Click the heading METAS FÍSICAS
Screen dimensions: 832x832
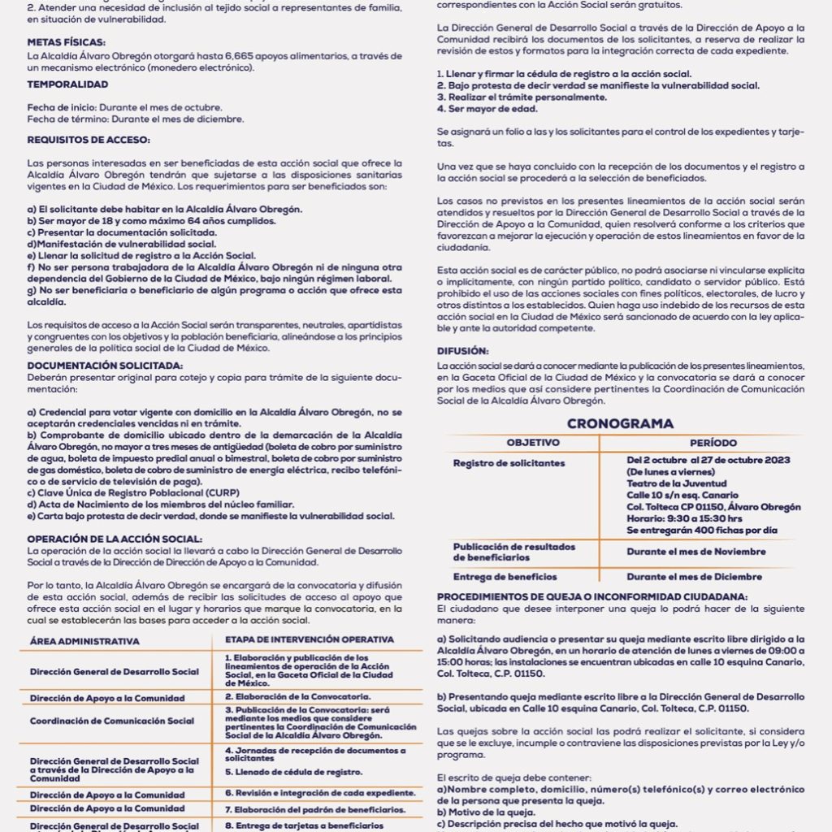pyautogui.click(x=66, y=41)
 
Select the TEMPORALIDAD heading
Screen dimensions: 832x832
pyautogui.click(x=67, y=84)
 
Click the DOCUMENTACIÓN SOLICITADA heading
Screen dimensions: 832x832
pyautogui.click(x=105, y=366)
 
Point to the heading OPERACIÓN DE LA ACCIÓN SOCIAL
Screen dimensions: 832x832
pyautogui.click(x=115, y=539)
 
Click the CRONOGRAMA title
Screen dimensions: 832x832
pyautogui.click(x=620, y=423)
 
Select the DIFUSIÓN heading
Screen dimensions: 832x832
pyautogui.click(x=462, y=351)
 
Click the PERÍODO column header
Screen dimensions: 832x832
pyautogui.click(x=713, y=443)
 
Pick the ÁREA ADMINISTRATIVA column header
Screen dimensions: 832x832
pyautogui.click(x=84, y=641)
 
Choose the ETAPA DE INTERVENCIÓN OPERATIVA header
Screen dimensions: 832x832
pyautogui.click(x=309, y=639)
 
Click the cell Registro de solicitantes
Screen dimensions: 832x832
pyautogui.click(x=497, y=463)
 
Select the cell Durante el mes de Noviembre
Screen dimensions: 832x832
pyautogui.click(x=695, y=552)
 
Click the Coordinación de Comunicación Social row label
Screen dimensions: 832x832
pyautogui.click(x=112, y=721)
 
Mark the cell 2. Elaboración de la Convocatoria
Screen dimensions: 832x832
pyautogui.click(x=297, y=696)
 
